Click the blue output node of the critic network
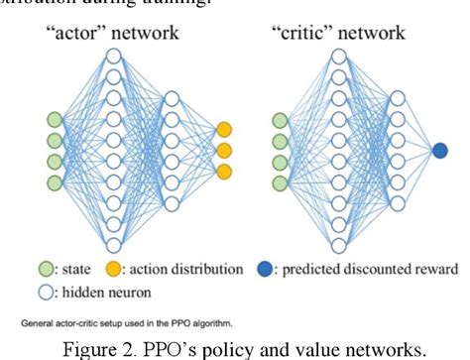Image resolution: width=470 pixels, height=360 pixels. (440, 151)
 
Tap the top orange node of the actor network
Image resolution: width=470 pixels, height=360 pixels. (224, 129)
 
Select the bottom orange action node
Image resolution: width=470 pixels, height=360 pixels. (224, 173)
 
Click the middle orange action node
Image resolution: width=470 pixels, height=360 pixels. (224, 151)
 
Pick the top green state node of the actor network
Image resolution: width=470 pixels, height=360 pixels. (55, 121)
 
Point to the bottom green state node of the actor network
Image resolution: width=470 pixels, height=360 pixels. (55, 182)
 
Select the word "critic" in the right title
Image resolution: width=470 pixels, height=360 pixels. (312, 32)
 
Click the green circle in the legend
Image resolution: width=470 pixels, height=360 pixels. (46, 268)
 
